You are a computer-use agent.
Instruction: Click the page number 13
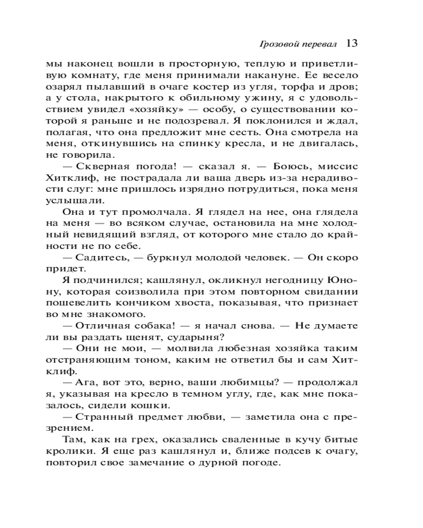(x=353, y=43)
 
